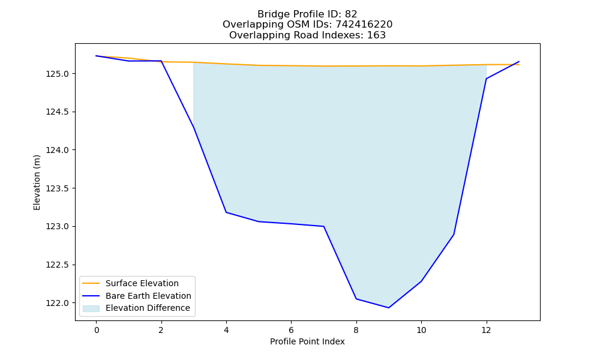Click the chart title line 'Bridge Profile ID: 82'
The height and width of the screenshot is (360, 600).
pos(307,14)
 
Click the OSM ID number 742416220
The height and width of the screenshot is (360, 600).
pos(364,25)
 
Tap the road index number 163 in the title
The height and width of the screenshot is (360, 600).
pos(376,35)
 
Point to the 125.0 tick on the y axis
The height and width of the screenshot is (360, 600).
pos(58,73)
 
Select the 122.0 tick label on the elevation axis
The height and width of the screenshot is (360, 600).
pos(58,303)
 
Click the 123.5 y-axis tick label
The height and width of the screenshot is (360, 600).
pos(58,188)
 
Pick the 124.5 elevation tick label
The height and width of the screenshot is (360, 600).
pos(58,112)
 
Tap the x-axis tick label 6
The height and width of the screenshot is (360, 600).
pos(291,330)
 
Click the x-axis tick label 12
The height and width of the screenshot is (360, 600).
pos(486,330)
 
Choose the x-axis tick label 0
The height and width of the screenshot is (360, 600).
pos(97,330)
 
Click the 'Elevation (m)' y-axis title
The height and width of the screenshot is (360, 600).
pos(37,182)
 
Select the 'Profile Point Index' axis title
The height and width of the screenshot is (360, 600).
pos(307,341)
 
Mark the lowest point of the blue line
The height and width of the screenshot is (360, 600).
pos(389,308)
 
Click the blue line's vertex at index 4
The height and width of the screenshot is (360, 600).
pos(226,212)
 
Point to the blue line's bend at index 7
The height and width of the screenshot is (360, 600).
pos(324,226)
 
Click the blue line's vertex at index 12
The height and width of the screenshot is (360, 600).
pos(487,79)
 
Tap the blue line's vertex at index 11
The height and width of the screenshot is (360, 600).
pos(454,234)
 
